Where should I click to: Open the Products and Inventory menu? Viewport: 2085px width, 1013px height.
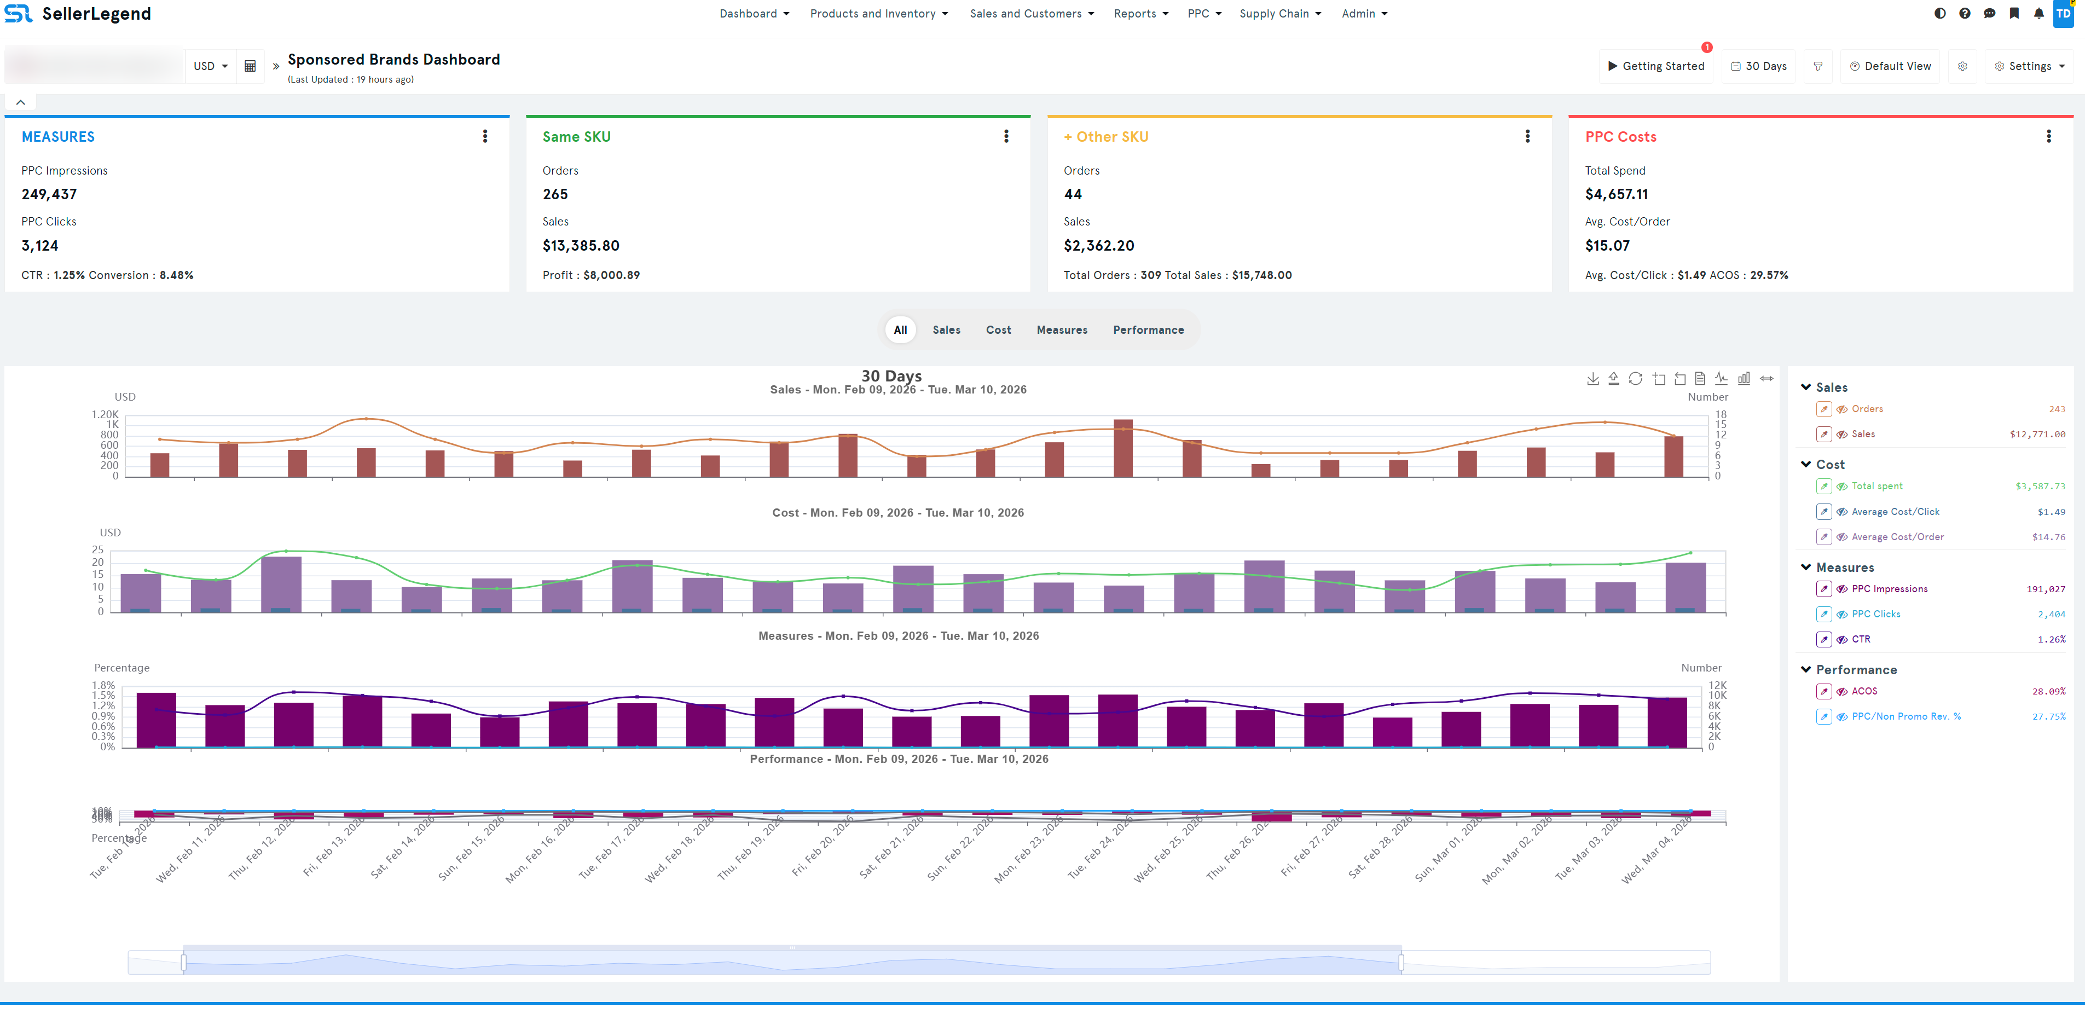pyautogui.click(x=878, y=14)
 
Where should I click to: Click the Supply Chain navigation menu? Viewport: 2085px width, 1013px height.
pyautogui.click(x=1279, y=14)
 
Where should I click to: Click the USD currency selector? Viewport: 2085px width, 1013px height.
pyautogui.click(x=210, y=66)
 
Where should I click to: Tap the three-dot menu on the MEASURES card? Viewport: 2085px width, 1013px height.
pyautogui.click(x=485, y=137)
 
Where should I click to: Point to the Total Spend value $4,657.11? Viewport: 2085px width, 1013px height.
pyautogui.click(x=1615, y=194)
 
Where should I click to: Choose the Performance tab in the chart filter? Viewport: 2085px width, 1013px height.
pyautogui.click(x=1148, y=331)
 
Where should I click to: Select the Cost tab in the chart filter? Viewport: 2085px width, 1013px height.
pyautogui.click(x=998, y=331)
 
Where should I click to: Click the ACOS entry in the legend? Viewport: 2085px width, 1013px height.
pyautogui.click(x=1864, y=692)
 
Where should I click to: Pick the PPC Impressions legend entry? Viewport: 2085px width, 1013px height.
pyautogui.click(x=1889, y=589)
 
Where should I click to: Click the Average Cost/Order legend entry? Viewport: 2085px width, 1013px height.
pyautogui.click(x=1897, y=537)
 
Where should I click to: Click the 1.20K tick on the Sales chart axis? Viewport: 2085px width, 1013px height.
pyautogui.click(x=105, y=415)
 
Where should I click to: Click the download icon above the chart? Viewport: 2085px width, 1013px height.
pyautogui.click(x=1592, y=379)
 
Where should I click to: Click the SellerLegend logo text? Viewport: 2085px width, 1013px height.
pyautogui.click(x=96, y=14)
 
